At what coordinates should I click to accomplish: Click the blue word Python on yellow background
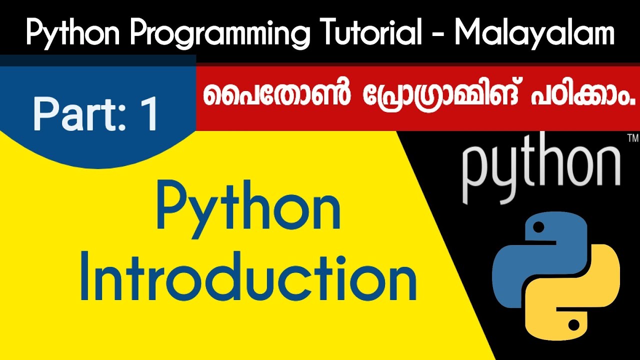248,210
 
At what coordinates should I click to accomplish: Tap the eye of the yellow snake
573,325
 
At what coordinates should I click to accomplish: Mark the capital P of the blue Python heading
171,210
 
